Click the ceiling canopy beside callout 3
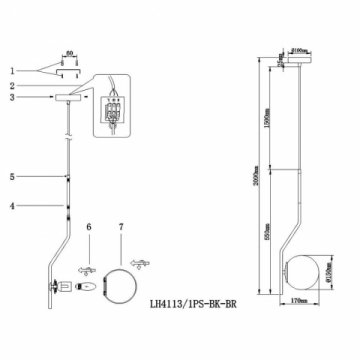click(x=69, y=98)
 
